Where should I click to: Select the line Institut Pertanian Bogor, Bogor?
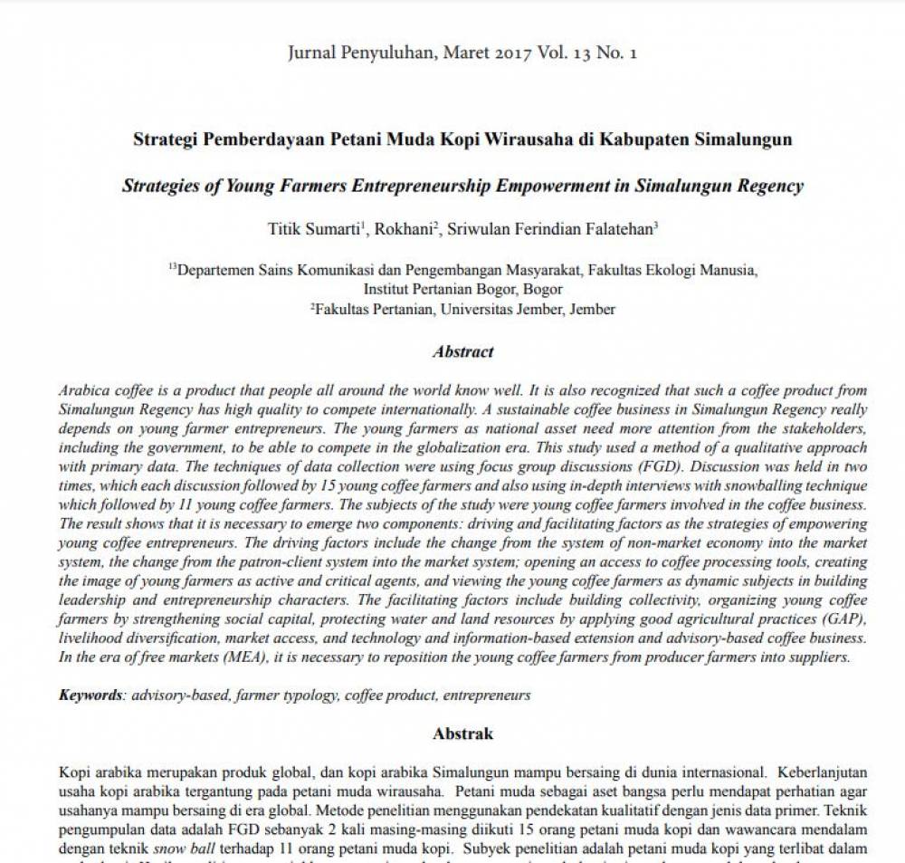coord(462,289)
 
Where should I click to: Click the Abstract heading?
coord(462,351)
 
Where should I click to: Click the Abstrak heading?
coord(462,733)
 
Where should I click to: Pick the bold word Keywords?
coord(91,695)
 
